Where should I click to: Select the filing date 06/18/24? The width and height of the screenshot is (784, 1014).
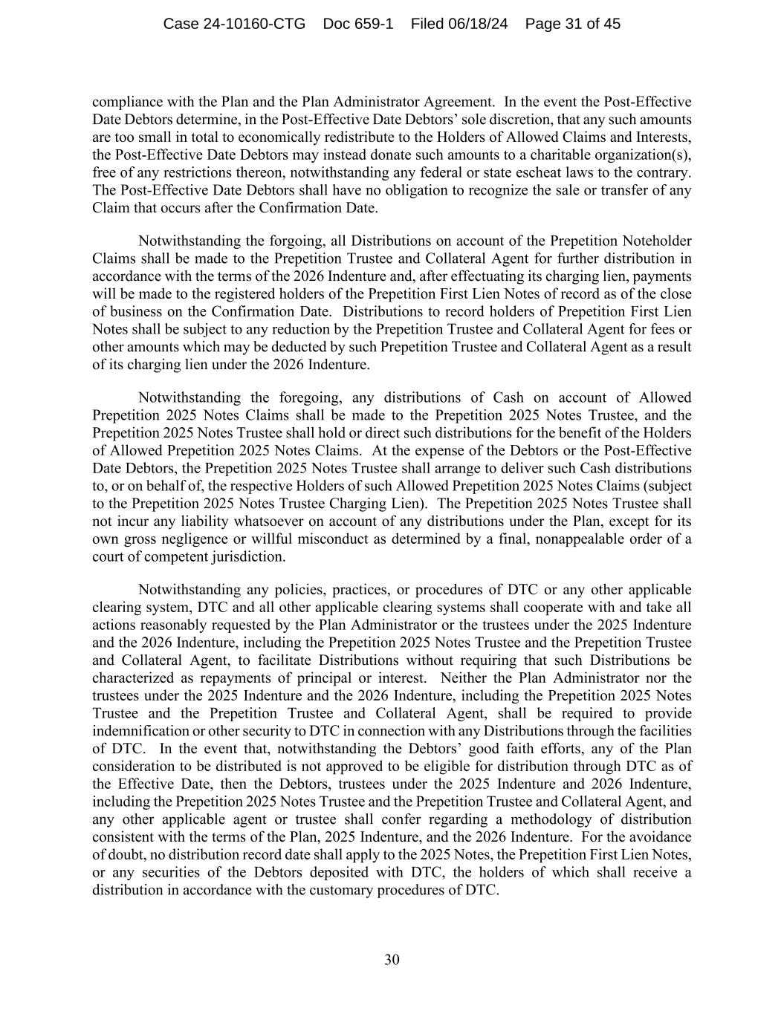tap(479, 24)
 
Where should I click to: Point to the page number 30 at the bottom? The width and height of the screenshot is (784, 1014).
tap(392, 960)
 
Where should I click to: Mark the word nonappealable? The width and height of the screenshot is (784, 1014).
tap(556, 539)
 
